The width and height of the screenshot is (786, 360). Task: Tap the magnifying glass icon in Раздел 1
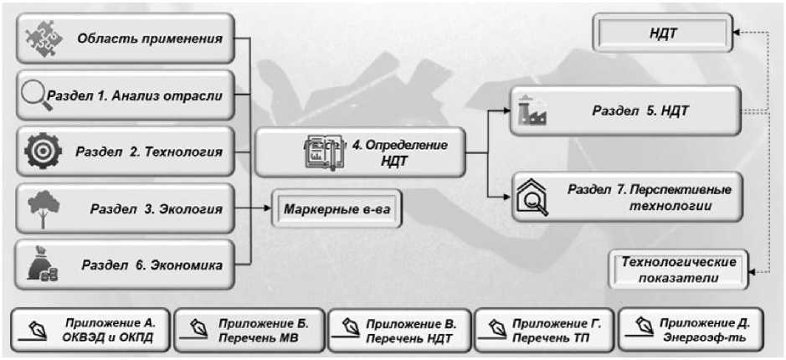35,95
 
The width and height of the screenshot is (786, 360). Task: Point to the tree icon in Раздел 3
40,208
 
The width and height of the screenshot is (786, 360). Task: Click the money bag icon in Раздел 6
42,265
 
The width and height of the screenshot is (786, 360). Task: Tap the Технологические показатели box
678,270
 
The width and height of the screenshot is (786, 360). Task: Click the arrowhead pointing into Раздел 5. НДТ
505,110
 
